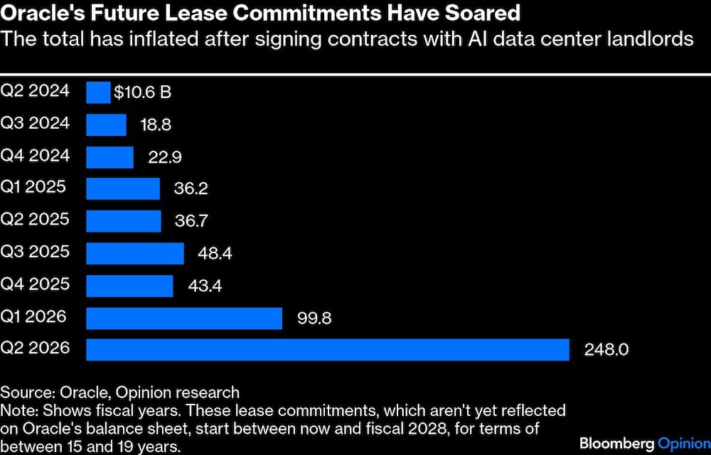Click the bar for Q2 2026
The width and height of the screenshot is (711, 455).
tap(327, 349)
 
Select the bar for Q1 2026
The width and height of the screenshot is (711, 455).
tap(184, 317)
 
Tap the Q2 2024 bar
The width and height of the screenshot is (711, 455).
tap(98, 92)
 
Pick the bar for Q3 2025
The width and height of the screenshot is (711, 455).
tap(135, 253)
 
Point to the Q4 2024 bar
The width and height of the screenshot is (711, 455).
tap(109, 156)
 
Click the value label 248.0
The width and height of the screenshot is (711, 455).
tap(608, 350)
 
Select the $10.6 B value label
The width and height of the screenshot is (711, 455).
tap(142, 93)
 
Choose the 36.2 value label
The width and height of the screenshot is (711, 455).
tap(191, 189)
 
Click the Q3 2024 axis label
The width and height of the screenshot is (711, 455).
tap(36, 124)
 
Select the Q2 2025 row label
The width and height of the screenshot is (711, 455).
tap(36, 220)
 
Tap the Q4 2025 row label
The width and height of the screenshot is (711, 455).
tap(36, 284)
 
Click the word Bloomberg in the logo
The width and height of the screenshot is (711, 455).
tap(616, 443)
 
